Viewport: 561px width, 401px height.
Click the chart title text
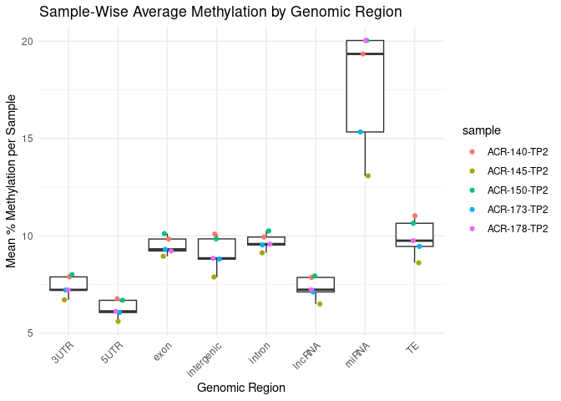pyautogui.click(x=209, y=13)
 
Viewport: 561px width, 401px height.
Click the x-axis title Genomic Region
pyautogui.click(x=240, y=388)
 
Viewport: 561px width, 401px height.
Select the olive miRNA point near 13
pyautogui.click(x=367, y=175)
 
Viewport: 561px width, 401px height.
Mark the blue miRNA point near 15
pyautogui.click(x=361, y=132)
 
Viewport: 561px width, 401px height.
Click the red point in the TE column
pyautogui.click(x=415, y=216)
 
